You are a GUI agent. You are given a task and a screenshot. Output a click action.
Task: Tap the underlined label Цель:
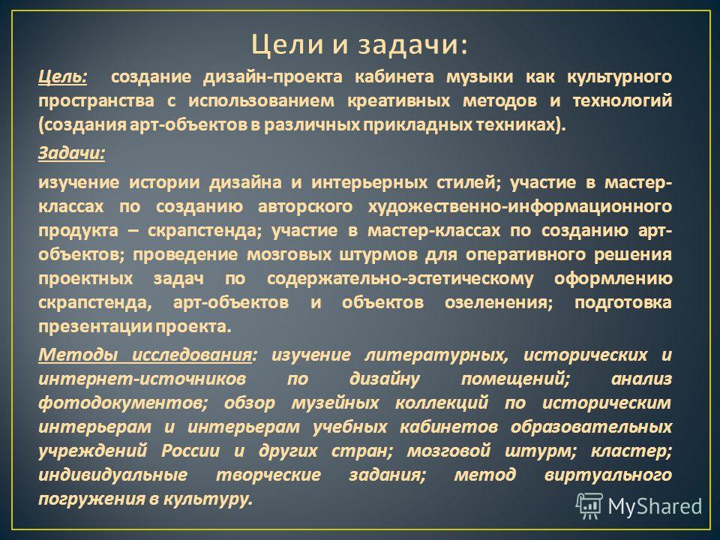[62, 76]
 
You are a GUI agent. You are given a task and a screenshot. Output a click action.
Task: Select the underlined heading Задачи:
[72, 152]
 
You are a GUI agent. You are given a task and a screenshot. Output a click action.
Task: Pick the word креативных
[398, 101]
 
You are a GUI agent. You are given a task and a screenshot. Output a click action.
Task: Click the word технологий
[622, 101]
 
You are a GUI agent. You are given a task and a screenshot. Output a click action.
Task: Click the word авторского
[305, 207]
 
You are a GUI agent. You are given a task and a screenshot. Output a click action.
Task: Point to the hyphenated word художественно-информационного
[520, 207]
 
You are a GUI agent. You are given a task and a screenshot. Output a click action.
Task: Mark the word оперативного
[526, 255]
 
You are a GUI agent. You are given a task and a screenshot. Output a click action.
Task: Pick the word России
[190, 451]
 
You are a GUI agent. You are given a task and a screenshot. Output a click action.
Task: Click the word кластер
[628, 451]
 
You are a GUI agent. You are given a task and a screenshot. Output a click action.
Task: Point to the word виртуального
[608, 475]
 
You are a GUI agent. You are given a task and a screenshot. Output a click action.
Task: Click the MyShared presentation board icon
[589, 506]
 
